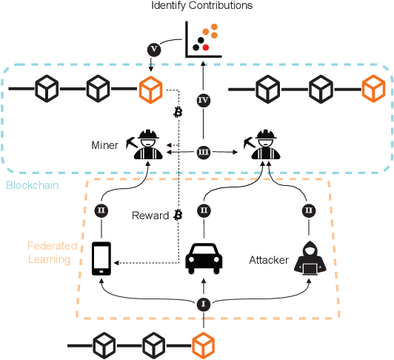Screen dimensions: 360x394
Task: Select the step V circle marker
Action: (x=154, y=50)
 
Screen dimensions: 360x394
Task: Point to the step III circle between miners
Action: (x=204, y=153)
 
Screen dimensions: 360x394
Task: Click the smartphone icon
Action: (x=102, y=259)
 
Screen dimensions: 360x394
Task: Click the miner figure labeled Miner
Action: (x=148, y=144)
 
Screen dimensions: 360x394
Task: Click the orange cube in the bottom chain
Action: (x=203, y=345)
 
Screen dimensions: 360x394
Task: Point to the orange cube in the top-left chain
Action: (x=150, y=90)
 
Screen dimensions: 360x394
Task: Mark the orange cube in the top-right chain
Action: (x=370, y=90)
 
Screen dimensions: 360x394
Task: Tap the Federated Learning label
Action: (x=48, y=252)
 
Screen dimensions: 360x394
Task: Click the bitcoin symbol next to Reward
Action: (x=178, y=216)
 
